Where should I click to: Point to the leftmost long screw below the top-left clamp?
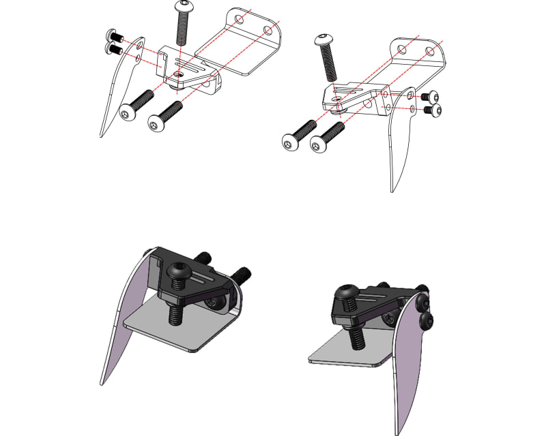coord(134,106)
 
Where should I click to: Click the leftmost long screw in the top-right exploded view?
coord(299,134)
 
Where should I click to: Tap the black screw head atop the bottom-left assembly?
coord(179,271)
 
